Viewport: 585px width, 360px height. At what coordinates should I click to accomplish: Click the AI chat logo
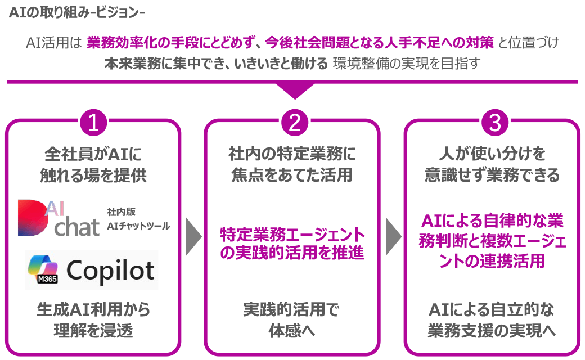pos(58,218)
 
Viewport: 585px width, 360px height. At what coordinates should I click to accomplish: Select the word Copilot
pos(111,271)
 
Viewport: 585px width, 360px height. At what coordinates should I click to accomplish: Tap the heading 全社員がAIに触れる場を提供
pos(93,164)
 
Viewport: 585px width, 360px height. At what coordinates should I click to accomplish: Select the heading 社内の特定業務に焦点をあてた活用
pos(292,164)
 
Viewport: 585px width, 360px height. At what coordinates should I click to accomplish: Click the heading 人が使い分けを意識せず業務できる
pos(492,164)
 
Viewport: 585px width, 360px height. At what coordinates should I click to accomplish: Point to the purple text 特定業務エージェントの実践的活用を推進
pos(292,244)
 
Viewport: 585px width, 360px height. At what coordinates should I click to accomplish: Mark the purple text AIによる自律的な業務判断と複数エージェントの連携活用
pos(492,239)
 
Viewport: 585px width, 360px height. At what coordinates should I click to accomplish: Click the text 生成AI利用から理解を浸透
pos(93,319)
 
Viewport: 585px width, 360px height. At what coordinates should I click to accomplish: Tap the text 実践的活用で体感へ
pos(292,319)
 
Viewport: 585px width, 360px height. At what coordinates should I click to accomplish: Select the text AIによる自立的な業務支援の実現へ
pos(492,319)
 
